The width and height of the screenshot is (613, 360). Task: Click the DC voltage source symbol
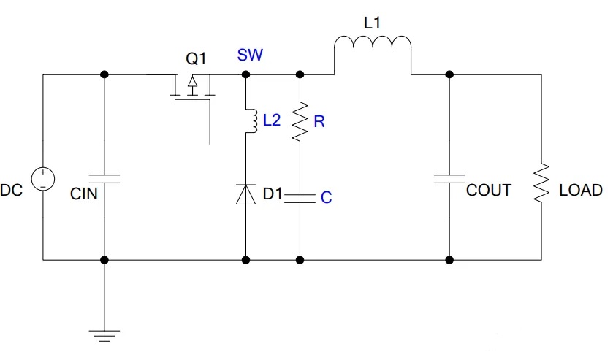point(43,180)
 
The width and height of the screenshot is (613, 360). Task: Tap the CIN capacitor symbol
point(104,177)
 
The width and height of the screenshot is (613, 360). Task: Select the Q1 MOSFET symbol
point(192,88)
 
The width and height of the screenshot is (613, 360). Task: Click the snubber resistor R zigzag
point(300,122)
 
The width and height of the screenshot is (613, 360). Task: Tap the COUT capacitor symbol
point(449,179)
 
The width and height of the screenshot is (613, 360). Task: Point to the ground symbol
point(104,335)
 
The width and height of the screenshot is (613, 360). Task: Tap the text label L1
point(372,23)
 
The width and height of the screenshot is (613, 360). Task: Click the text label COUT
point(488,191)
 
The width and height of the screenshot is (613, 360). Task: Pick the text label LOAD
point(580,191)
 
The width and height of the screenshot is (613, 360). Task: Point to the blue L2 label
point(271,120)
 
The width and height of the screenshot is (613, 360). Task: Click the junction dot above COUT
point(449,74)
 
